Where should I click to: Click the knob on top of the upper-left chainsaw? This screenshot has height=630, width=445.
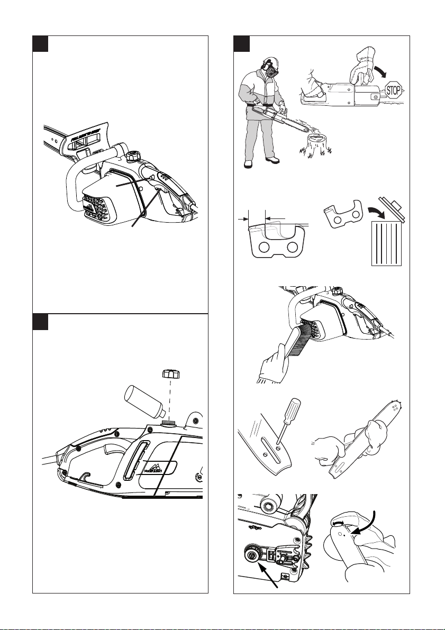[x=133, y=157]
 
